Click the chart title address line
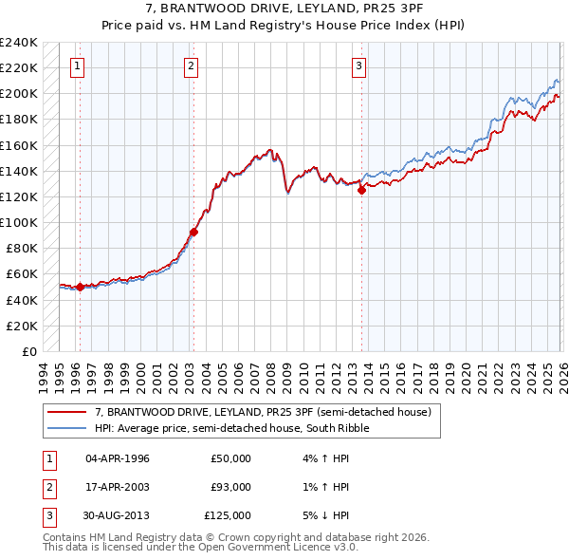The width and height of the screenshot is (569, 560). click(x=284, y=9)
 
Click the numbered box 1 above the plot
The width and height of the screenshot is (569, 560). click(x=77, y=65)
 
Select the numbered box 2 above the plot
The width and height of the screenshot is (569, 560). click(x=192, y=65)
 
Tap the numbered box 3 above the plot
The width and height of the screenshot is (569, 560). click(x=359, y=65)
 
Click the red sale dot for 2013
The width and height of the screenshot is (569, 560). click(x=361, y=190)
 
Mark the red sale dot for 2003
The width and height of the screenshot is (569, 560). click(x=193, y=231)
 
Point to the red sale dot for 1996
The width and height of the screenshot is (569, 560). click(x=80, y=287)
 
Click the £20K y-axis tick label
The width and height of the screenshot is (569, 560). click(x=22, y=326)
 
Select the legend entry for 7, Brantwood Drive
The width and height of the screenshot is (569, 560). click(x=263, y=412)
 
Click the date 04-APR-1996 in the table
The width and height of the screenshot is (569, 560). click(x=118, y=458)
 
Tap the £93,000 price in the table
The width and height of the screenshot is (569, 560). click(x=231, y=487)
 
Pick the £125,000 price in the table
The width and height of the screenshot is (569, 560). click(x=229, y=515)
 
